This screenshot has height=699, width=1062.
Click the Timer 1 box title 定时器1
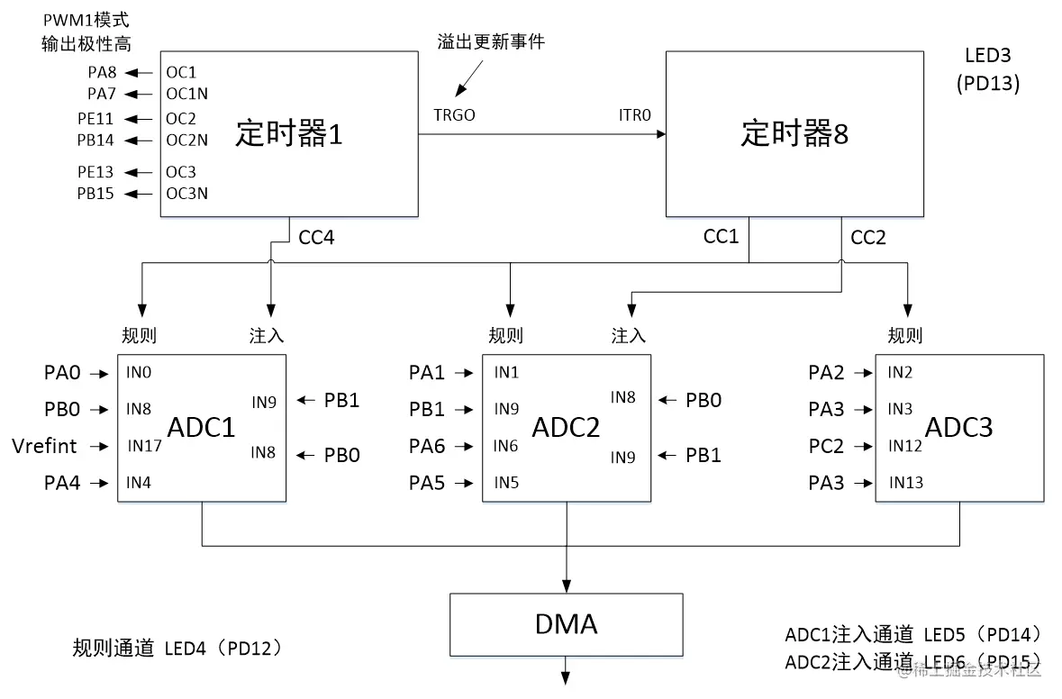(x=289, y=133)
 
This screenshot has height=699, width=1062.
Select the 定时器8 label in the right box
(x=794, y=133)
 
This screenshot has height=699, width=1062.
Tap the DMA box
(x=567, y=624)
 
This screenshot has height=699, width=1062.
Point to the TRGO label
(x=455, y=115)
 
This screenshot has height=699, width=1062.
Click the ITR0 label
(x=635, y=115)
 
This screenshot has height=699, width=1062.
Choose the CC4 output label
(x=316, y=237)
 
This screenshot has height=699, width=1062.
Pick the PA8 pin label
(x=103, y=72)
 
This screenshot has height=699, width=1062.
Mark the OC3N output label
(x=187, y=193)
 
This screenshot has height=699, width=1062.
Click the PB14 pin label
(x=95, y=141)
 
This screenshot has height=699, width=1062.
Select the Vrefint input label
(x=45, y=446)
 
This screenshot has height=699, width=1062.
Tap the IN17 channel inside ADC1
(x=144, y=446)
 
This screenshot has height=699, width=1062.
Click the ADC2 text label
(x=567, y=427)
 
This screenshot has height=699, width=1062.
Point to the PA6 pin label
(x=427, y=446)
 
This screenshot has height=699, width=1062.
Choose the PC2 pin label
(x=826, y=446)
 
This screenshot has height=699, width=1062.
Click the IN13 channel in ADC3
(x=905, y=482)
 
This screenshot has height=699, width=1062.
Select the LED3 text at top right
(x=987, y=56)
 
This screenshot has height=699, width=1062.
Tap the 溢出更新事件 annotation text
(x=491, y=42)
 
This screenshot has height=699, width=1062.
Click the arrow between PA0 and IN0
(x=99, y=373)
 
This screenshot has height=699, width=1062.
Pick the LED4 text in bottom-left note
(x=185, y=649)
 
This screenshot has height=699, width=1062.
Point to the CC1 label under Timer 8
(x=721, y=236)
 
